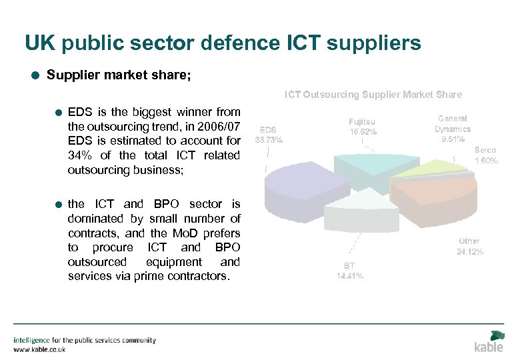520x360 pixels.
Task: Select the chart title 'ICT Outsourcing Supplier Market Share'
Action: pyautogui.click(x=373, y=95)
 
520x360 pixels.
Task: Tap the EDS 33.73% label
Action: pyautogui.click(x=269, y=135)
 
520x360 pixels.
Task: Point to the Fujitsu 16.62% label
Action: pyautogui.click(x=363, y=127)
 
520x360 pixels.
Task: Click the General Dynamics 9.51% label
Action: pyautogui.click(x=453, y=129)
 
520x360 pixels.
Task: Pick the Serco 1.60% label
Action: pyautogui.click(x=485, y=155)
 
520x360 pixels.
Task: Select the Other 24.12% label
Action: pyautogui.click(x=469, y=246)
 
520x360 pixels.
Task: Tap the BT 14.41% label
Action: pyautogui.click(x=350, y=271)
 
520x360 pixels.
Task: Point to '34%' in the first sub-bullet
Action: pyautogui.click(x=79, y=155)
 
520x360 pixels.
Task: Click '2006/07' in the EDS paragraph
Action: pyautogui.click(x=219, y=127)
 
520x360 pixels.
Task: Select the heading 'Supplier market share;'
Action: pyautogui.click(x=119, y=75)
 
